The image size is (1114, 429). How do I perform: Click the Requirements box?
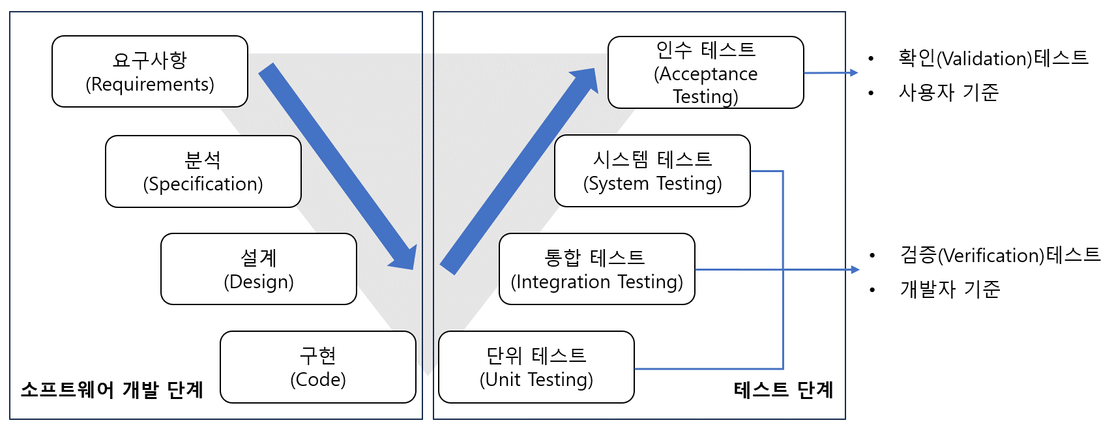150,72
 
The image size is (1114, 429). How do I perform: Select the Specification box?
203,171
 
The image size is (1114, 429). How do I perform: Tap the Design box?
259,269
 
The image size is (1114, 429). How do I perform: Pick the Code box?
318,367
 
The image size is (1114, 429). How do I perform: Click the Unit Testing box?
536,367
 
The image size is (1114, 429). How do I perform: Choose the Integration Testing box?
597,269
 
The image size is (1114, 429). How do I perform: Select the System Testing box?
652,171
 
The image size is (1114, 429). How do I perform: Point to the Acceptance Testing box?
706,72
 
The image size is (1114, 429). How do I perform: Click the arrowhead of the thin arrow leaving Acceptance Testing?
854,73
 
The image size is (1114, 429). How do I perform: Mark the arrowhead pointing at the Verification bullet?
855,269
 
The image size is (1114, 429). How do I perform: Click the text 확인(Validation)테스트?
993,58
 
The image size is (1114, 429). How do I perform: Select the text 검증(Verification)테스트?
1000,255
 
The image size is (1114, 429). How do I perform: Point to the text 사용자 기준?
948,93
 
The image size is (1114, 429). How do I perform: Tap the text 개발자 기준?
950,289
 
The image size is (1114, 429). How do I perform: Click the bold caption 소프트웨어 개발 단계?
112,390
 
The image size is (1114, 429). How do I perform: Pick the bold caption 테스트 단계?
784,390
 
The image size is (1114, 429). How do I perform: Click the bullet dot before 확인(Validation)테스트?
871,59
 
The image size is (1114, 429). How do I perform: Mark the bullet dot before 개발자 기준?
872,289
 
